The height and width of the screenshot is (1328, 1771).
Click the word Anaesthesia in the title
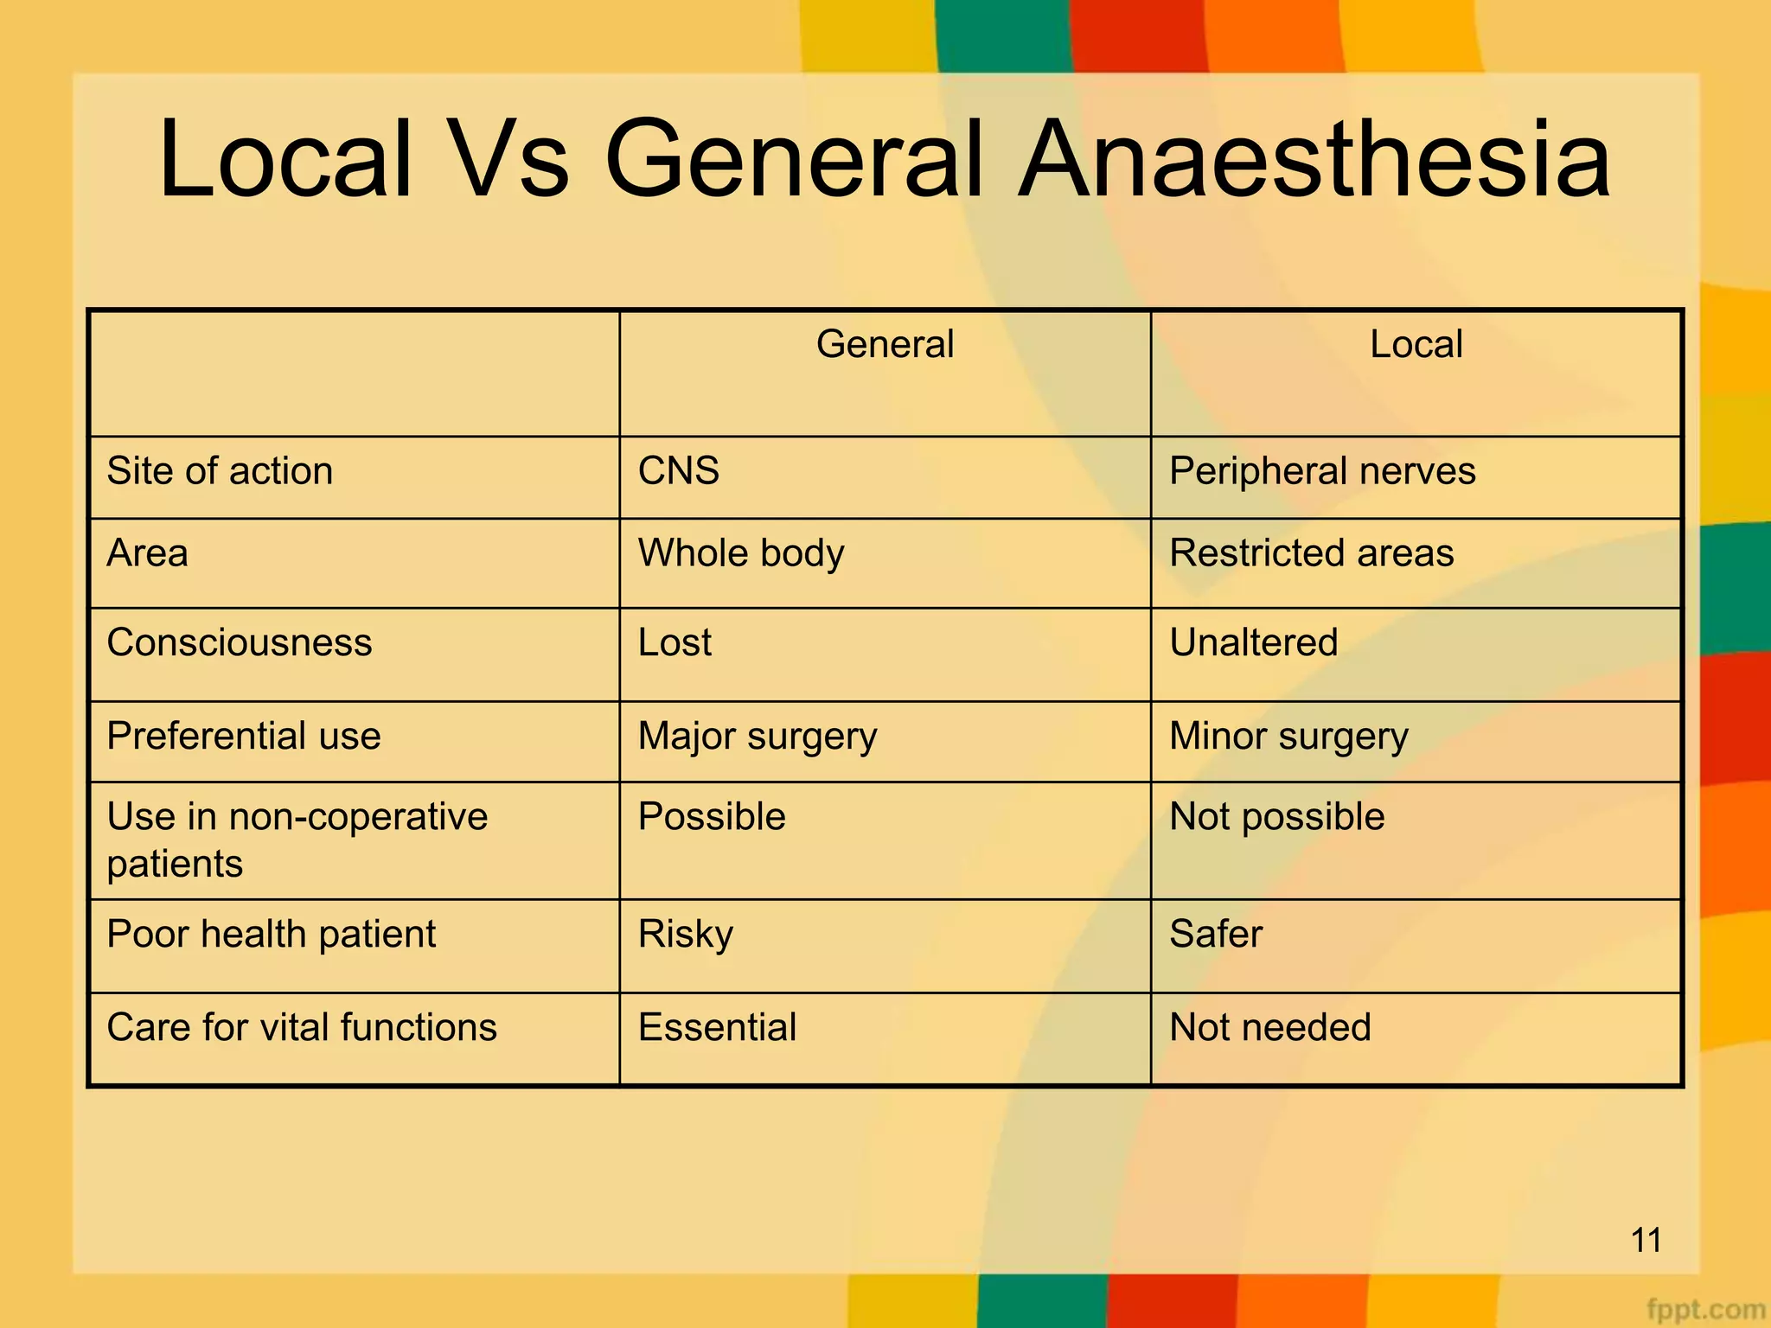pyautogui.click(x=1314, y=160)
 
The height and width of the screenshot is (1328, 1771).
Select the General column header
pyautogui.click(x=885, y=344)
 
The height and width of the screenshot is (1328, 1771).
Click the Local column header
pyautogui.click(x=1416, y=344)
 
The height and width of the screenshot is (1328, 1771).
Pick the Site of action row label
pyautogui.click(x=220, y=471)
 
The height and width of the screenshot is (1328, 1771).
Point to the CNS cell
pyautogui.click(x=679, y=471)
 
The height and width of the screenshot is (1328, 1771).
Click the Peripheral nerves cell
pyautogui.click(x=1322, y=471)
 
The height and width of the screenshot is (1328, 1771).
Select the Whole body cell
pyautogui.click(x=741, y=553)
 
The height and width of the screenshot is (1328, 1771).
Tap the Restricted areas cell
pyautogui.click(x=1311, y=553)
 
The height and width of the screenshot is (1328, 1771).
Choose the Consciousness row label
pyautogui.click(x=240, y=643)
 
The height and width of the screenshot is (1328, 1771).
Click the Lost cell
pyautogui.click(x=675, y=643)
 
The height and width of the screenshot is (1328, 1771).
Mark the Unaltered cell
pyautogui.click(x=1253, y=643)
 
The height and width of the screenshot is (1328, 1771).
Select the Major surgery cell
pyautogui.click(x=758, y=737)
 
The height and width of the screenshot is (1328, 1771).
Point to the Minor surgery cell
pyautogui.click(x=1288, y=737)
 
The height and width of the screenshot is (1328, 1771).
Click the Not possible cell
pyautogui.click(x=1276, y=817)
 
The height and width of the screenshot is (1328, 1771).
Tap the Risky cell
pyautogui.click(x=686, y=935)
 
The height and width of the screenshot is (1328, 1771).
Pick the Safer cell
pyautogui.click(x=1216, y=935)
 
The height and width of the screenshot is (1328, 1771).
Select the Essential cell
pyautogui.click(x=717, y=1028)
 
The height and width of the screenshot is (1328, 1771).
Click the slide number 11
pyautogui.click(x=1646, y=1241)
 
